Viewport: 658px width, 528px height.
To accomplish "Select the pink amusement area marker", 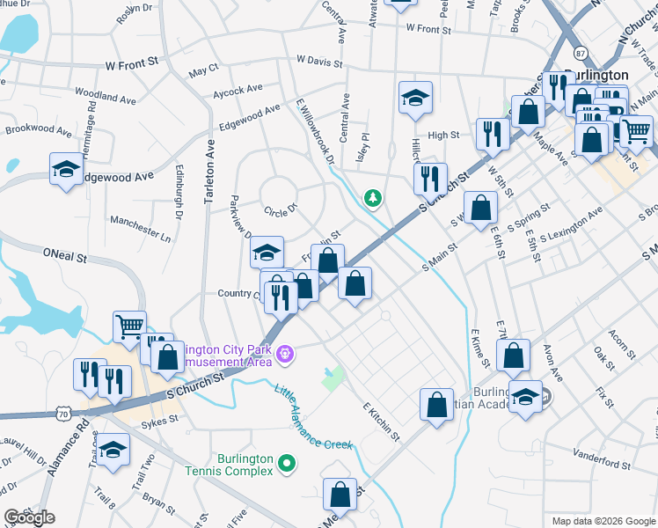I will tap(285, 356).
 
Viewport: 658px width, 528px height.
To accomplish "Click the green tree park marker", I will tap(374, 198).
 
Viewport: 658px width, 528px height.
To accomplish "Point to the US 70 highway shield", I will tap(62, 411).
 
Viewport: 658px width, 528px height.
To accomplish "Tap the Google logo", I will tap(29, 517).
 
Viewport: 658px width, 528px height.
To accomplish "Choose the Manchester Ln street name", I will tap(141, 227).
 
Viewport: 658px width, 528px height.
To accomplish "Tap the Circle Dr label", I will tap(281, 210).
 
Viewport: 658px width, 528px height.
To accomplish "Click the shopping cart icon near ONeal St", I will tap(129, 326).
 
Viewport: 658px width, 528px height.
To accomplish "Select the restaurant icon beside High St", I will tap(491, 134).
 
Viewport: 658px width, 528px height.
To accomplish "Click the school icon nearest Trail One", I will tap(113, 451).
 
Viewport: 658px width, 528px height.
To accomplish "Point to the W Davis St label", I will tap(319, 61).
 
